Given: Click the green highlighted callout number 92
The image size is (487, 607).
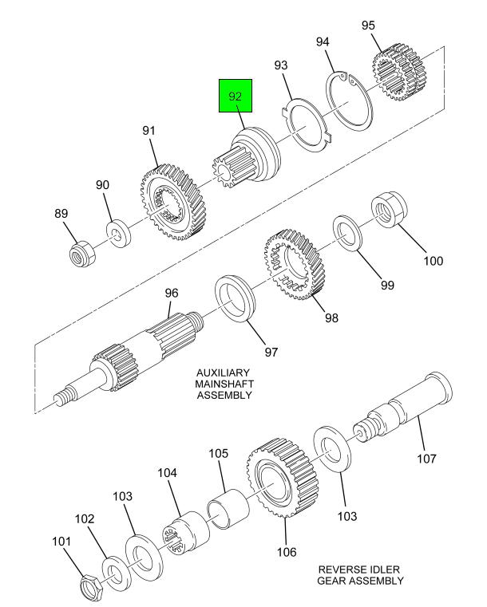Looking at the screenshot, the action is tap(236, 96).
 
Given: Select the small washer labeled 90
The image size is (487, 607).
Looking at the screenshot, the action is tap(118, 234).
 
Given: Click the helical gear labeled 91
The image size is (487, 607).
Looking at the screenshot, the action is tap(172, 202).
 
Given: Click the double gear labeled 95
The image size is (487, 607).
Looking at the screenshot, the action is tap(399, 73).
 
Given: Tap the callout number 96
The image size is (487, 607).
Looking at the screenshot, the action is tap(172, 293).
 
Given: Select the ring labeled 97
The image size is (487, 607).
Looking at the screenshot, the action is tap(235, 298).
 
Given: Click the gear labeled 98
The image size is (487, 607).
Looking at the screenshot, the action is tap(295, 264).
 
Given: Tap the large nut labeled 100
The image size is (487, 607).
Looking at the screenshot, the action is tap(389, 208).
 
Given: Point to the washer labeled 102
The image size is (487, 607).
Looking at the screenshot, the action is tap(115, 573).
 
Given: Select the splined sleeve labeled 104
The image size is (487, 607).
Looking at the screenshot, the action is tap(184, 534).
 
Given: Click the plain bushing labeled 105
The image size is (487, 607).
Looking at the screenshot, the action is tap(228, 509).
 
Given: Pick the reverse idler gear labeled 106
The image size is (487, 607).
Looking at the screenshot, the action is tap(283, 477).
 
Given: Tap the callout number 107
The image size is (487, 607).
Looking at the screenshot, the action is tap(426, 459).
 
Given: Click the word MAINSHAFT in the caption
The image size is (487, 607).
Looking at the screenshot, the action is tap(224, 384).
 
